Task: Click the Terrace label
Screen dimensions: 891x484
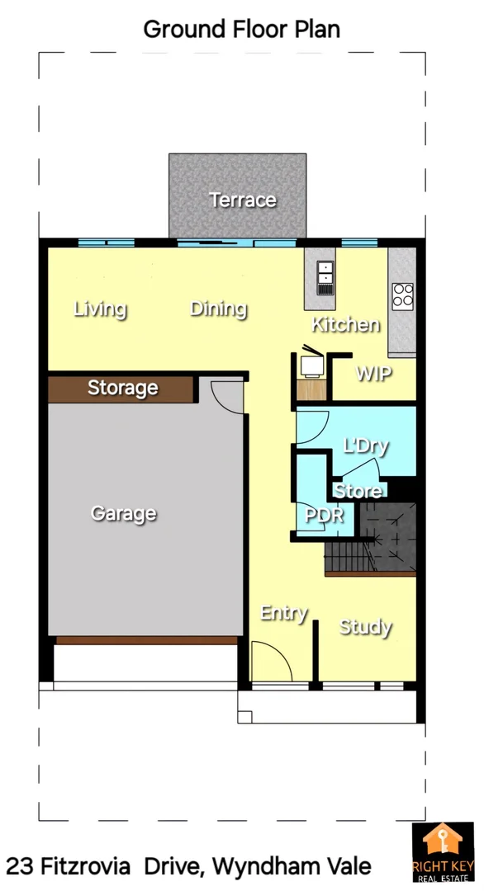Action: [242, 200]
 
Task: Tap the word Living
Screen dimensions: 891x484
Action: [100, 309]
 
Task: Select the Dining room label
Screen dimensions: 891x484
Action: [219, 309]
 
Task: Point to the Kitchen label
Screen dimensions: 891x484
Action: [346, 324]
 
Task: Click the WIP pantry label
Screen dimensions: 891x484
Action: [373, 373]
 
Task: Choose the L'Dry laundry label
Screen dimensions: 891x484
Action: [366, 446]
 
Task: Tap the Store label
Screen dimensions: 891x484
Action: [358, 492]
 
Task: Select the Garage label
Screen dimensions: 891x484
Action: [123, 513]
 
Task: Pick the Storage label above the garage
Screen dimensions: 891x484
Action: [122, 388]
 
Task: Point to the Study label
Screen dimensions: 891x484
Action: [365, 627]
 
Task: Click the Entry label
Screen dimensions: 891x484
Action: [284, 613]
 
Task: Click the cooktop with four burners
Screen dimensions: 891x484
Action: [402, 295]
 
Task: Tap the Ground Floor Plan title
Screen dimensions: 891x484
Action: [241, 29]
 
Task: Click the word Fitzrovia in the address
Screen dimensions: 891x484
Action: [84, 867]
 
